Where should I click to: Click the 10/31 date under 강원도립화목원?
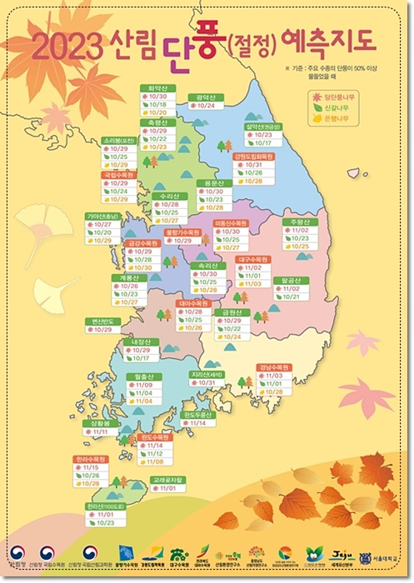[x=255, y=165]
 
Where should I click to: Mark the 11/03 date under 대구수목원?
[x=255, y=284]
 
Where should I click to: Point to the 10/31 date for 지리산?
[x=206, y=382]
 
